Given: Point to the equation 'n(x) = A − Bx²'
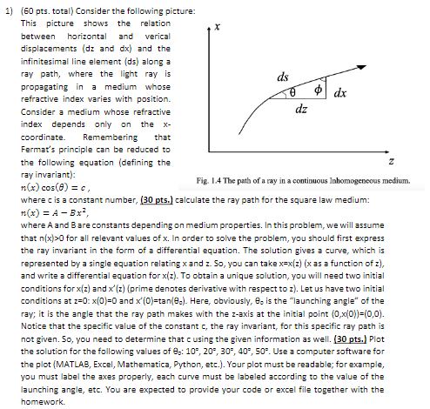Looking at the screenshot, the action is (53, 213).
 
